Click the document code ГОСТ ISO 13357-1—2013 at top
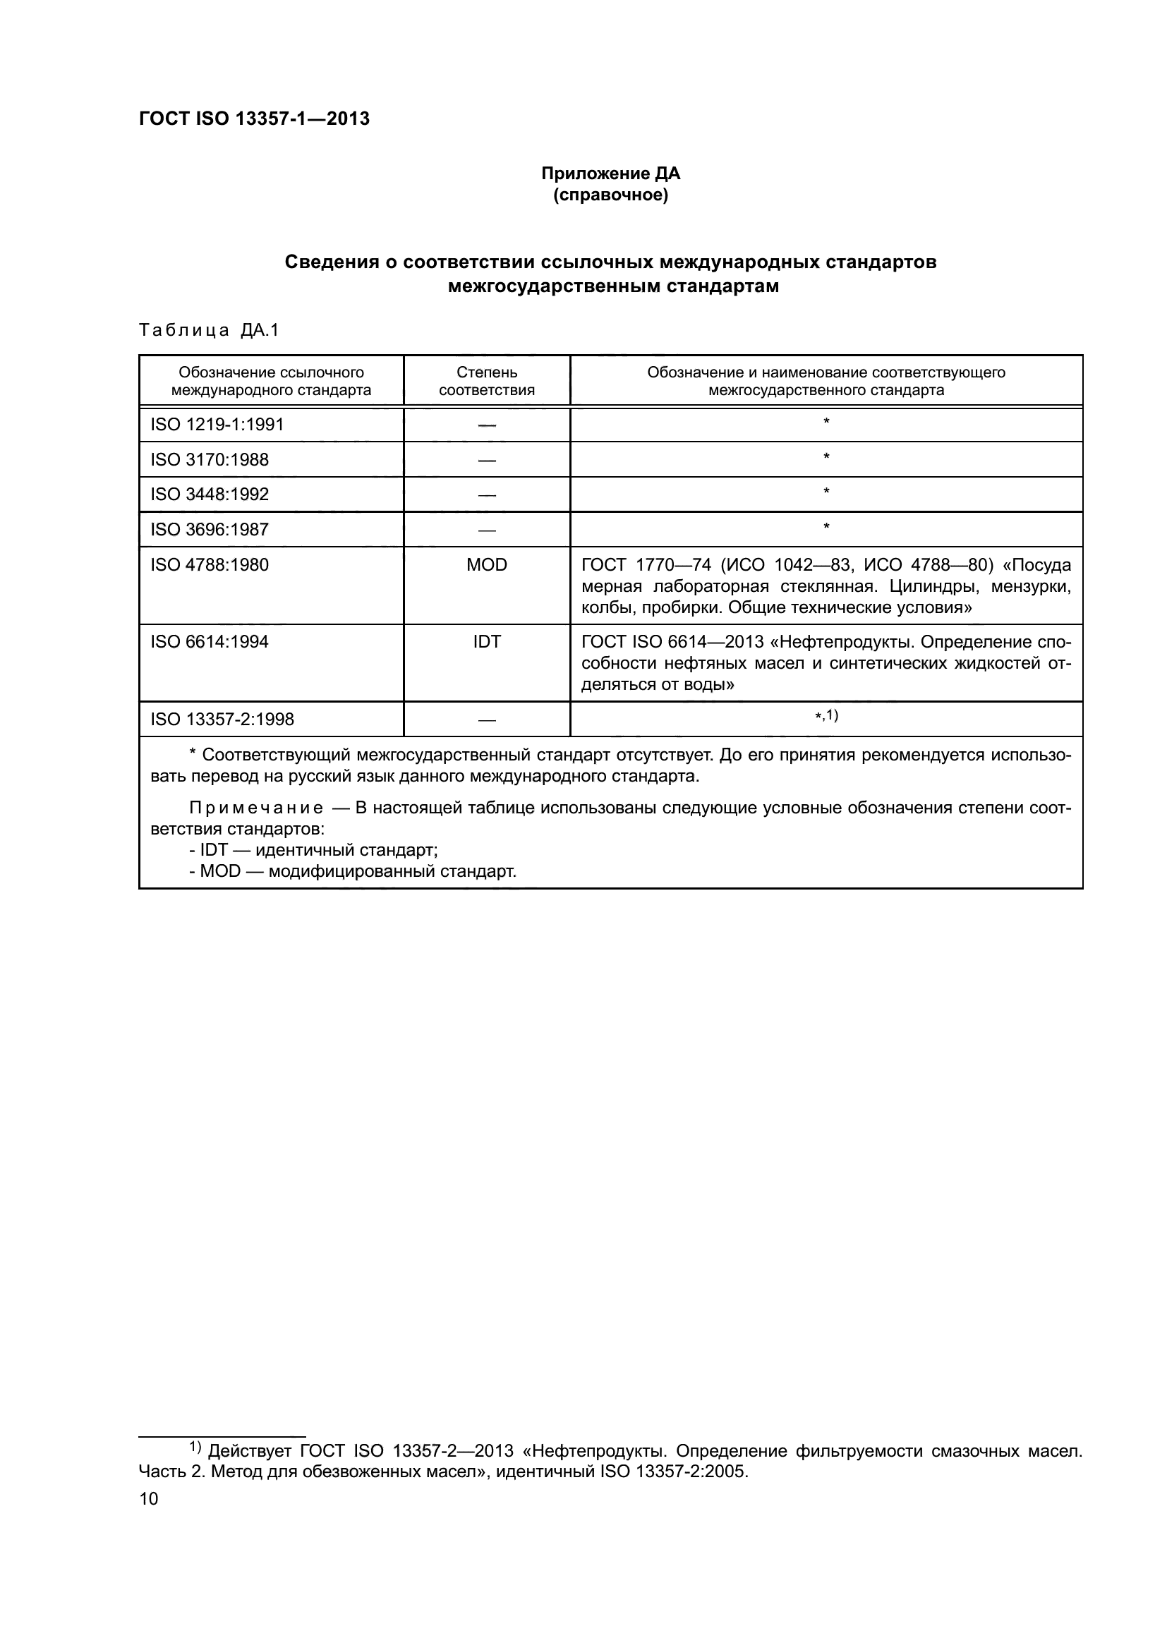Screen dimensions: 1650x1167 (254, 119)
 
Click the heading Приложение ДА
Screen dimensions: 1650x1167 (610, 174)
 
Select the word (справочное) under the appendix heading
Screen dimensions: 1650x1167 (610, 195)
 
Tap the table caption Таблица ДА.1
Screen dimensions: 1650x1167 (208, 330)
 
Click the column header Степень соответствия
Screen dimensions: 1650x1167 (487, 381)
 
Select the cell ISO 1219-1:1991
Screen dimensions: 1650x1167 (217, 425)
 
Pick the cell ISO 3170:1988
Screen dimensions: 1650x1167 (209, 459)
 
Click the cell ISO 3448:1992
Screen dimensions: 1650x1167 (209, 495)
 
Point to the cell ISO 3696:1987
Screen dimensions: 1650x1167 (209, 530)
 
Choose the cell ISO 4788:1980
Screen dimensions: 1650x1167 (209, 565)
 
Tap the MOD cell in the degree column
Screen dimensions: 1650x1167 (487, 565)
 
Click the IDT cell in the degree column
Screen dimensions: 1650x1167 (487, 642)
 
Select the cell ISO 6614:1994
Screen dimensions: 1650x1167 (209, 642)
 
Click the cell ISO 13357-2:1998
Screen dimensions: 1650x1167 (222, 720)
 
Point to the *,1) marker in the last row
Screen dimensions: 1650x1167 (826, 716)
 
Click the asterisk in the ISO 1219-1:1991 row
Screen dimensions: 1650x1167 (826, 421)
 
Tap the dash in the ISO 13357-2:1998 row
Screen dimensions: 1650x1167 (487, 720)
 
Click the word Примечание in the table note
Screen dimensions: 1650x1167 (256, 808)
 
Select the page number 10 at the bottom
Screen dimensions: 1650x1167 (149, 1498)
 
